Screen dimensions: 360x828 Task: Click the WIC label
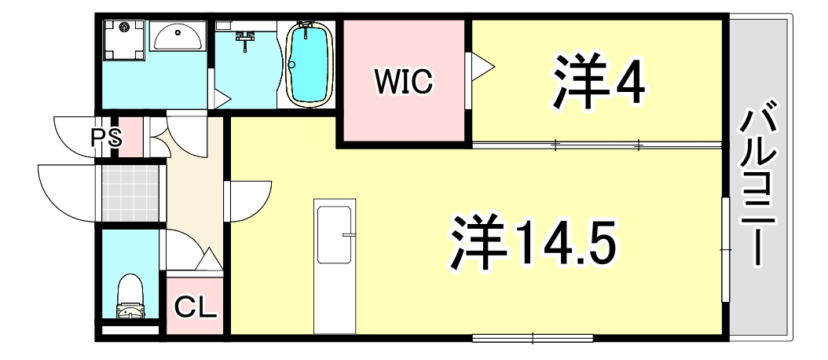(403, 81)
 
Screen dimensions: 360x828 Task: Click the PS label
(106, 138)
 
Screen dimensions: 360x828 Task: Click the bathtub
(310, 62)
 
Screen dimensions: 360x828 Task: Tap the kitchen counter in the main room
(335, 266)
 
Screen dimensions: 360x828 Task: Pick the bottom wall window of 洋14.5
(533, 339)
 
